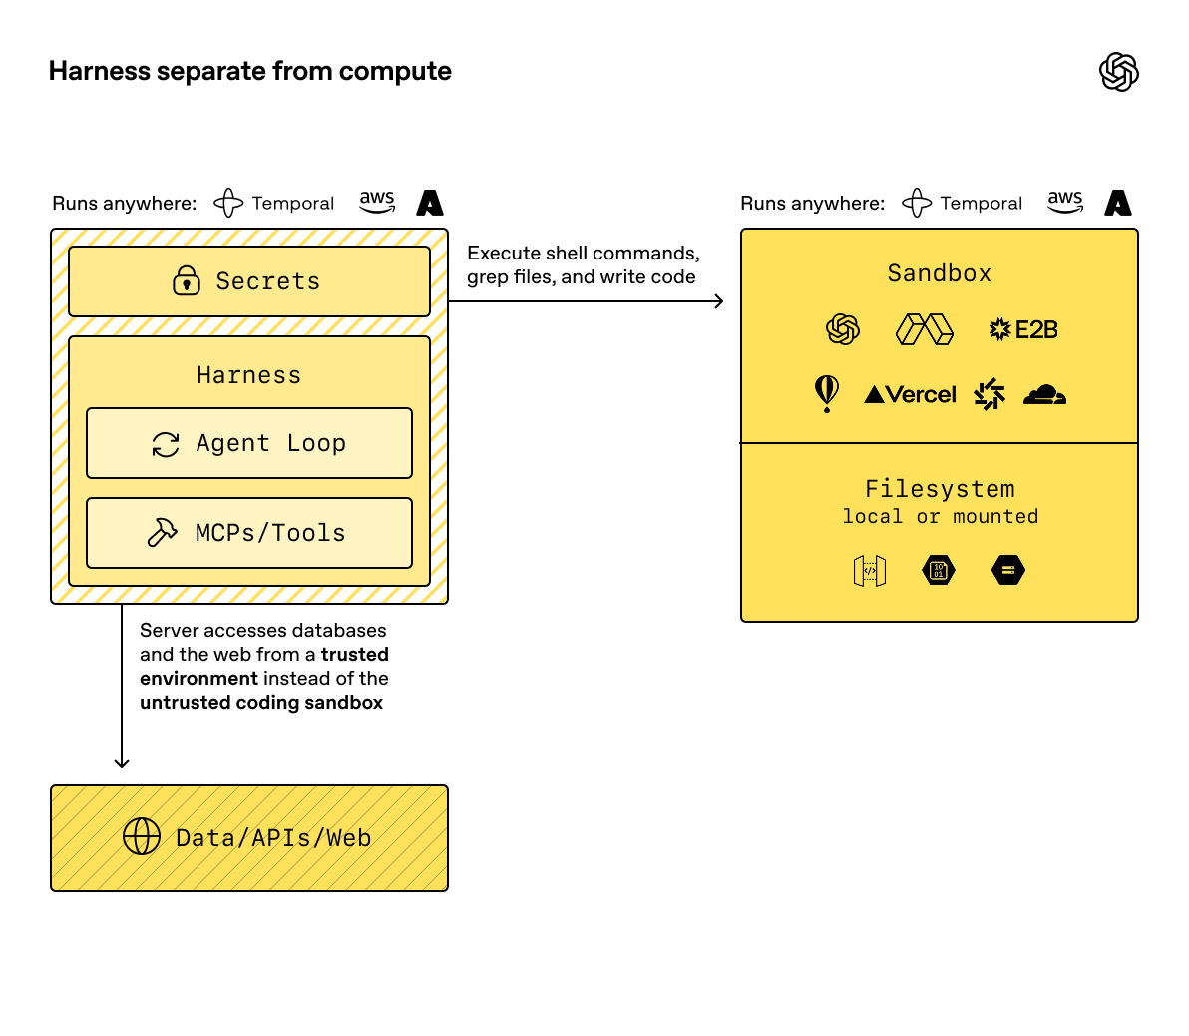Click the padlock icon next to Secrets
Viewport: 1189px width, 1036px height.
point(187,281)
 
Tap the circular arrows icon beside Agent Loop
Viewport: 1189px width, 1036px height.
point(166,444)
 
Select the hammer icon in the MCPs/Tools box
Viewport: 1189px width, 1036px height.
point(163,533)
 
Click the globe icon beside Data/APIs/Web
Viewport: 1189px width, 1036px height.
point(142,837)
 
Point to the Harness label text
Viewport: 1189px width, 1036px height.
point(248,375)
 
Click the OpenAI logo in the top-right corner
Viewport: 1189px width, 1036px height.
point(1118,72)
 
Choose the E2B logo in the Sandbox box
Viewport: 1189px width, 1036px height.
point(1022,329)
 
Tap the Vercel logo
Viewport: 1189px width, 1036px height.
point(910,395)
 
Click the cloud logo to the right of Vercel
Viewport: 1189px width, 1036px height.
point(1044,395)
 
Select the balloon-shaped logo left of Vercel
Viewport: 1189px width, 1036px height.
point(827,393)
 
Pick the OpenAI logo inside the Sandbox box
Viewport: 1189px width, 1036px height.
point(843,329)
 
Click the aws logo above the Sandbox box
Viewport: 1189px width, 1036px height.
point(1065,202)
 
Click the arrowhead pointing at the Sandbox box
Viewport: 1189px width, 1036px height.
point(718,301)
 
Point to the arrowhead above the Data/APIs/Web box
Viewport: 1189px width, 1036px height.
point(122,762)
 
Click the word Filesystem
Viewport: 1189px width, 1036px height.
point(939,489)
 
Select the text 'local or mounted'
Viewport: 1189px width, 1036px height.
point(940,517)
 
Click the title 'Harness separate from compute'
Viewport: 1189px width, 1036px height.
point(249,72)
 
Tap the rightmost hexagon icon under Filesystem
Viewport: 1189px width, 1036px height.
point(1008,571)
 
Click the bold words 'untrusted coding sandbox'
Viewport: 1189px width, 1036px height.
point(261,703)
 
